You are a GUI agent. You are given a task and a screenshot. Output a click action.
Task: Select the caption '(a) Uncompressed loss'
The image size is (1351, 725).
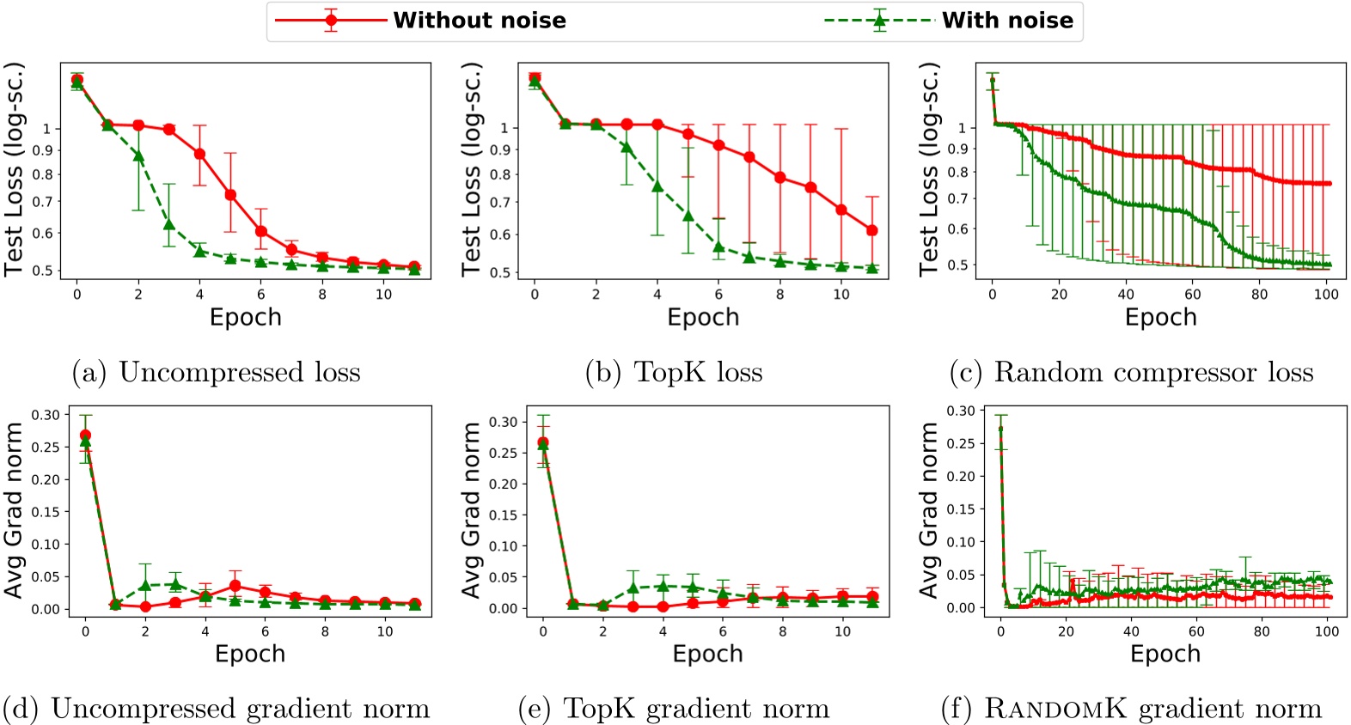pyautogui.click(x=216, y=372)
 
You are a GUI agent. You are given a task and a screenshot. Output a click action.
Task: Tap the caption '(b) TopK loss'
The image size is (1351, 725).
pyautogui.click(x=674, y=372)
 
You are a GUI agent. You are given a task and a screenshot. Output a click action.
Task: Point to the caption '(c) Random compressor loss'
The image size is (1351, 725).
pyautogui.click(x=1131, y=372)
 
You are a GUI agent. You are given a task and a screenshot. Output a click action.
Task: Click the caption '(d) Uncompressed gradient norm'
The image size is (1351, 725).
pyautogui.click(x=216, y=709)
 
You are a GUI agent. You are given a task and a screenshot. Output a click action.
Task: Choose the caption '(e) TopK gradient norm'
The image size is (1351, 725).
pyautogui.click(x=674, y=709)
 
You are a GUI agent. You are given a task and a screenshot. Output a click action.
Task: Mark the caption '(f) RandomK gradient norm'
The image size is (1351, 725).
pyautogui.click(x=1131, y=709)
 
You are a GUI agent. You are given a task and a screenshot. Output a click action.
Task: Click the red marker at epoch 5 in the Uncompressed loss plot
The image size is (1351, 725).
pyautogui.click(x=230, y=195)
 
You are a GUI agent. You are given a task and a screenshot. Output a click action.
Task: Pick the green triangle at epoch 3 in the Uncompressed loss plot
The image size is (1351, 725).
pyautogui.click(x=169, y=225)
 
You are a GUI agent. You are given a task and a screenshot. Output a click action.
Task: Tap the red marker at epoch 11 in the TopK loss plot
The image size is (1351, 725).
pyautogui.click(x=872, y=230)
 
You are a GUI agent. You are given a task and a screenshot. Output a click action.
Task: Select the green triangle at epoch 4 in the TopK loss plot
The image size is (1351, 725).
pyautogui.click(x=657, y=186)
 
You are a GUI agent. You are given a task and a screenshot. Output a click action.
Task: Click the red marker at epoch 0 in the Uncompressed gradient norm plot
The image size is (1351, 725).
pyautogui.click(x=85, y=436)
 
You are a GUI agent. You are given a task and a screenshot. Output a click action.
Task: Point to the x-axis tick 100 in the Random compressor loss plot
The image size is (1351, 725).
pyautogui.click(x=1326, y=295)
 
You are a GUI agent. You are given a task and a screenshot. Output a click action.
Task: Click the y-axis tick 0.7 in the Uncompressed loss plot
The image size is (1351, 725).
pyautogui.click(x=42, y=202)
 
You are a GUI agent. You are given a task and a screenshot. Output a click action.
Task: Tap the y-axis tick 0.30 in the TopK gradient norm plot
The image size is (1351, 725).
pyautogui.click(x=504, y=422)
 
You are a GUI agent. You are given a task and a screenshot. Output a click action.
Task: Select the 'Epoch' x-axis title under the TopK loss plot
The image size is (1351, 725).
pyautogui.click(x=703, y=318)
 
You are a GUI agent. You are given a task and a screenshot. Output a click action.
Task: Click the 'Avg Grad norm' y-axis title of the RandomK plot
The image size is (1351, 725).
pyautogui.click(x=929, y=509)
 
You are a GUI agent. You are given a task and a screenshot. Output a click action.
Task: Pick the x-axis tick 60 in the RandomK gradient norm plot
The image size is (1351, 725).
pyautogui.click(x=1196, y=631)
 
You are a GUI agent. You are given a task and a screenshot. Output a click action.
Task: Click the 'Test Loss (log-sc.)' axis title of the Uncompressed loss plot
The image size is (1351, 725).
pyautogui.click(x=13, y=169)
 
